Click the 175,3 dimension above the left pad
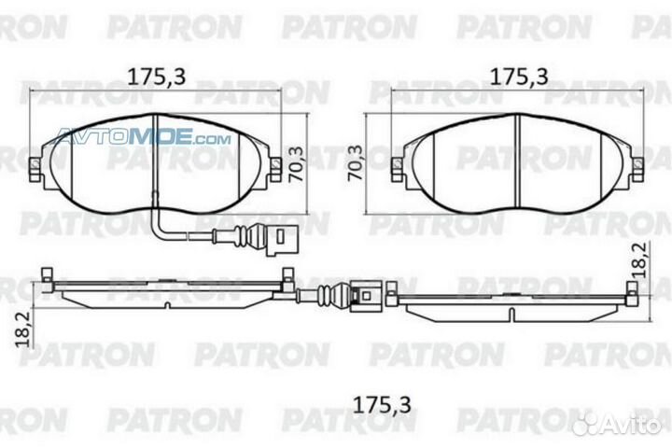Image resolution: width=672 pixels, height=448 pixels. (157, 77)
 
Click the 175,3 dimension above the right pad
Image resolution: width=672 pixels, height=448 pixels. (519, 77)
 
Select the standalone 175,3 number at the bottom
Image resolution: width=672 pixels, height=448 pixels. (382, 404)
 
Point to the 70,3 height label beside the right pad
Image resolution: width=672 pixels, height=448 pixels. (356, 163)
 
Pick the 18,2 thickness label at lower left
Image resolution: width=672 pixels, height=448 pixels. (23, 329)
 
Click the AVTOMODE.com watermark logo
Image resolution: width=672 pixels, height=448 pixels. (143, 137)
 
